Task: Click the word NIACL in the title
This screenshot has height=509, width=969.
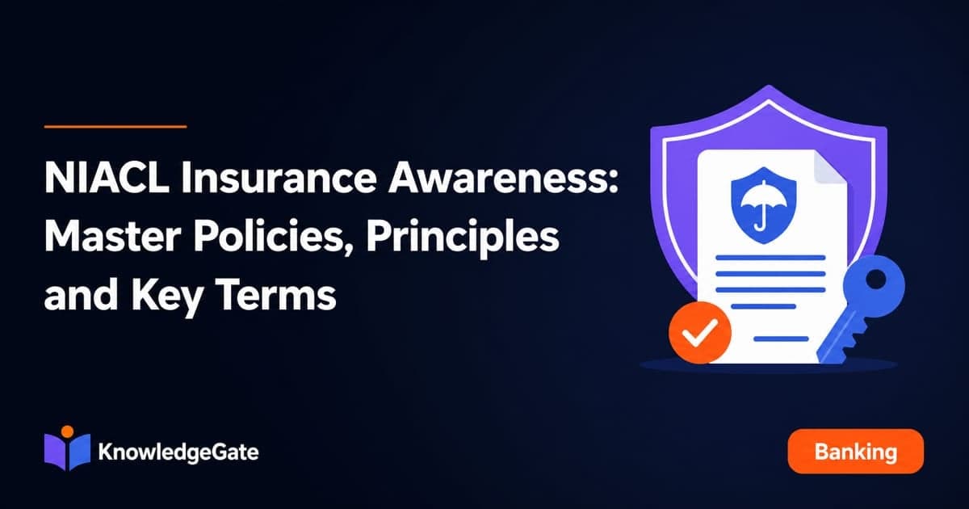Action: pos(107,178)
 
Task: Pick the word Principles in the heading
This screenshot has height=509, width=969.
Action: pos(463,239)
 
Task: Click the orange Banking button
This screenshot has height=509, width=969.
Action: pos(856,451)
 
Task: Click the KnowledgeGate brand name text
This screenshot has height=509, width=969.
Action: pos(178,453)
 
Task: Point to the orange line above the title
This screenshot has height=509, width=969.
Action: pos(115,127)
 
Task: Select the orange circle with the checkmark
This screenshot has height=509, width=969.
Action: pos(700,332)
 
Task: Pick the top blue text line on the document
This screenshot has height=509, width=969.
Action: pos(770,258)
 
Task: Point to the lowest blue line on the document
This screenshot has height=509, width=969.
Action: pos(782,339)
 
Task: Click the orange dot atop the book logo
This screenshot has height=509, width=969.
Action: pos(67,431)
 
